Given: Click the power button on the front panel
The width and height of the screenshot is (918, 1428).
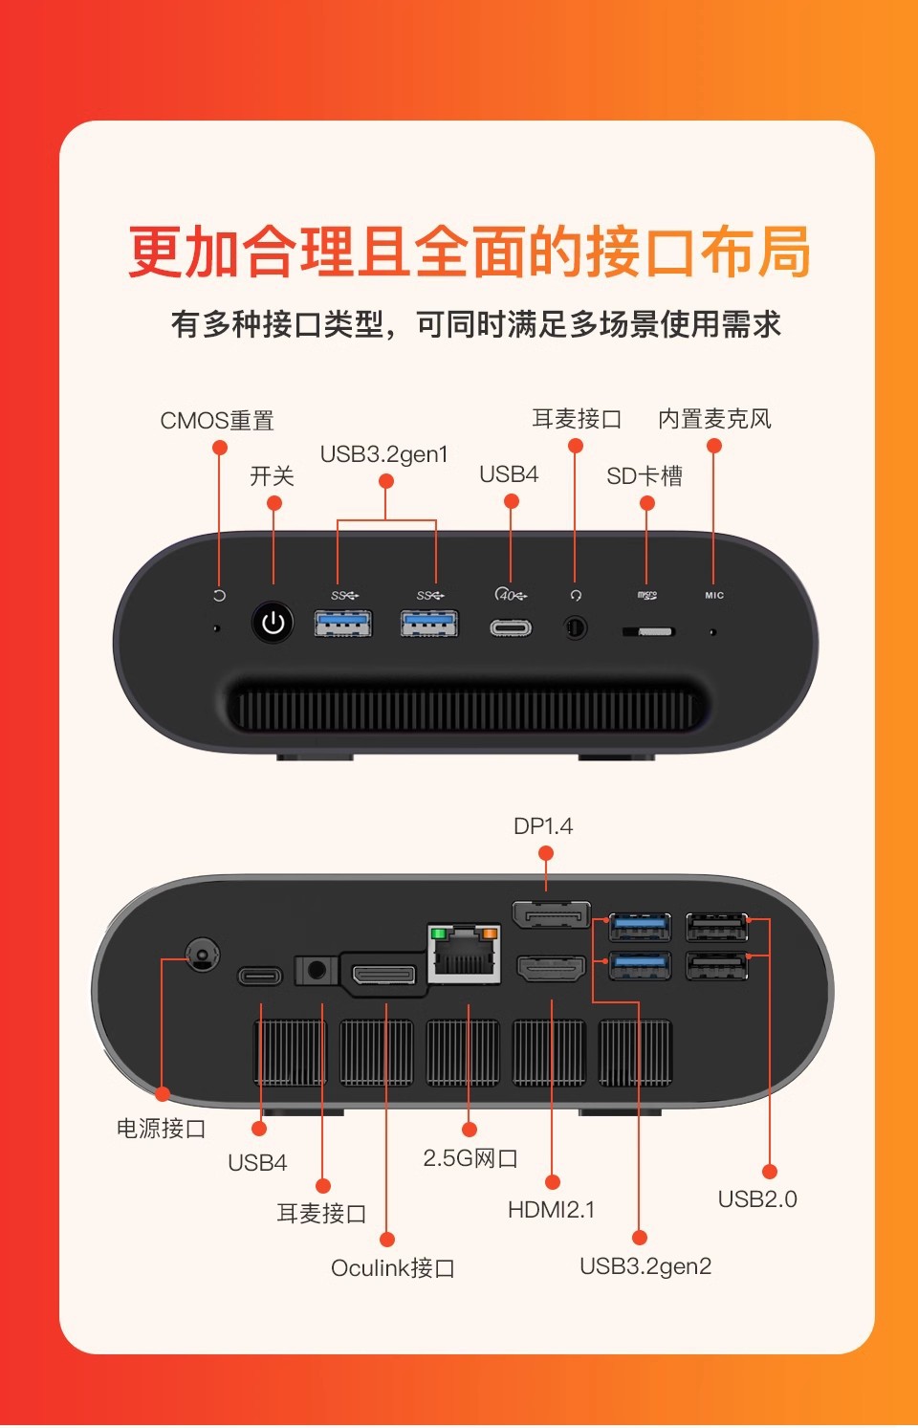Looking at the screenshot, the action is click(x=273, y=623).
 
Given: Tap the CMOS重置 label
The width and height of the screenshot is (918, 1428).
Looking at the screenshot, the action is click(x=217, y=421).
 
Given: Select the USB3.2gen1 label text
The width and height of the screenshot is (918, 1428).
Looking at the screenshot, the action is click(x=383, y=454).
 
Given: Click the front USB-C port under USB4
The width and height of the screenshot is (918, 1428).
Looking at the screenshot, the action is click(x=511, y=628).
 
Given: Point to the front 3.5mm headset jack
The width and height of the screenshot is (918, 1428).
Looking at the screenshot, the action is click(x=576, y=628).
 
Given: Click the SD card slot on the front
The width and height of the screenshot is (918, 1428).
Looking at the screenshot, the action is click(x=648, y=631).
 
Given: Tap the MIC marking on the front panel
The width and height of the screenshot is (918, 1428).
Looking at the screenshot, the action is click(x=714, y=595).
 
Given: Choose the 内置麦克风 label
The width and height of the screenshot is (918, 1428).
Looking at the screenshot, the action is click(x=714, y=419).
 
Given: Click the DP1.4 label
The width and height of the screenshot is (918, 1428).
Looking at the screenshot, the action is click(x=543, y=826).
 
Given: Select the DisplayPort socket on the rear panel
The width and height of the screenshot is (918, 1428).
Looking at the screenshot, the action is click(x=551, y=916).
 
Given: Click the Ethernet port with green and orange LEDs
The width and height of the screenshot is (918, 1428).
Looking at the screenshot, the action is click(x=464, y=954).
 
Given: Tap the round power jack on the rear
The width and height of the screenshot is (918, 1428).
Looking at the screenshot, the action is click(x=201, y=954).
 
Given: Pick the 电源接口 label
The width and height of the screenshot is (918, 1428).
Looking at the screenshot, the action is click(x=161, y=1129).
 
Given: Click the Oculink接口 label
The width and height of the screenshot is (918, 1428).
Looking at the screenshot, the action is click(x=392, y=1268).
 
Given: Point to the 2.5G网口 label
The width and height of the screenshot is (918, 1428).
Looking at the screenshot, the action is click(x=470, y=1158).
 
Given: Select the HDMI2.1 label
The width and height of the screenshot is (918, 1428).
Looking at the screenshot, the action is click(x=551, y=1210).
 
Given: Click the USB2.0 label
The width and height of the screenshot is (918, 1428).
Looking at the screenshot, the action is click(x=757, y=1199).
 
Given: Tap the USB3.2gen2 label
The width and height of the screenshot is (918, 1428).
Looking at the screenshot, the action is click(x=645, y=1266).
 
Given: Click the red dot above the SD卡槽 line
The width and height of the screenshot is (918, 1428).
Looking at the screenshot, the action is click(x=647, y=503).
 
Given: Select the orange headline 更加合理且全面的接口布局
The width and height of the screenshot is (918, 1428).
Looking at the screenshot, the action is click(x=469, y=253).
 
